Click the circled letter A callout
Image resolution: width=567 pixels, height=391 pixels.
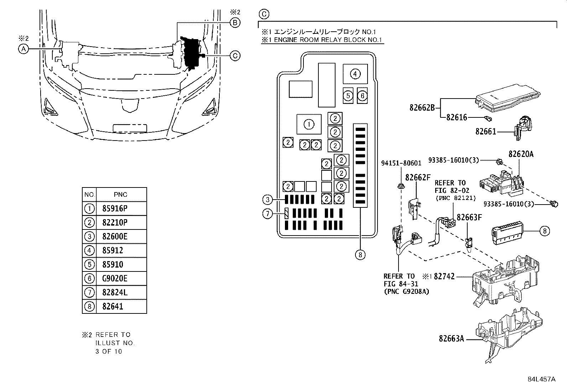pos(23,49)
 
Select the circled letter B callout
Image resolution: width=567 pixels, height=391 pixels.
pos(235,23)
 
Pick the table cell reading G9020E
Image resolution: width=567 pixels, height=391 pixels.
pos(114,278)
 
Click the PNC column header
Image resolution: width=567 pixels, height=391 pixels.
pos(120,195)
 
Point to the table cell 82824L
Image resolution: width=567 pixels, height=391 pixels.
pos(114,292)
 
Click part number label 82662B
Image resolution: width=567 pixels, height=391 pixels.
pos(422,107)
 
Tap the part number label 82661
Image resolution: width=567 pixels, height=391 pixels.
pos(485,132)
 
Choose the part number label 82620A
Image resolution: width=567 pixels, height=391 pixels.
pos(521,154)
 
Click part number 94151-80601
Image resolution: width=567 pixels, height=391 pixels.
pos(401,163)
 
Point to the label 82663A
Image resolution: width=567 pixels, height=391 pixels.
pos(451,339)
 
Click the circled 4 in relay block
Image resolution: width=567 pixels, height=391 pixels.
pos(355,74)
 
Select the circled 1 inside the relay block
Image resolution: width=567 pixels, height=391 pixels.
pos(309,125)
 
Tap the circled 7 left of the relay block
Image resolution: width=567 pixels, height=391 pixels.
pos(267,213)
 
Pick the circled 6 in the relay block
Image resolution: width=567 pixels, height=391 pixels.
pos(362,95)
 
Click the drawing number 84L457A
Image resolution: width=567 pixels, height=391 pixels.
pos(541,379)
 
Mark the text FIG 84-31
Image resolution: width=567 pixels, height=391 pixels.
pos(401,284)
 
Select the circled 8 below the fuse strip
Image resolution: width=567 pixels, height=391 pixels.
pos(360,255)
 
